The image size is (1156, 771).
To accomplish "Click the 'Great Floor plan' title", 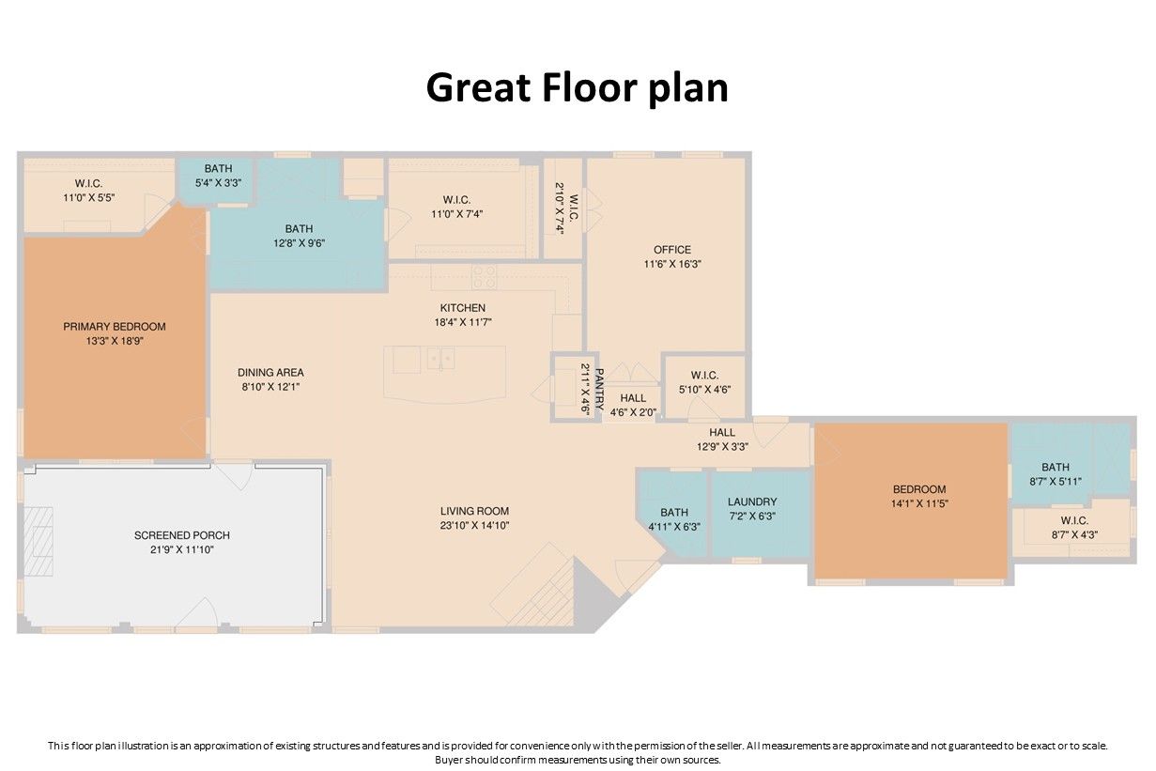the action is click(x=577, y=87).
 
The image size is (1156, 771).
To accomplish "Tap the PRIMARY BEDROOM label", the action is click(x=115, y=326).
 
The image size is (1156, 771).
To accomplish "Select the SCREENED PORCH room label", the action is click(x=181, y=535).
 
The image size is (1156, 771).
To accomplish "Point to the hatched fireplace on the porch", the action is click(x=39, y=541).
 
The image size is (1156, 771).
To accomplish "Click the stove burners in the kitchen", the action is click(x=485, y=277).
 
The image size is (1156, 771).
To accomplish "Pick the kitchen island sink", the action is click(x=440, y=358).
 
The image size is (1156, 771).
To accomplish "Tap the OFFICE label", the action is click(x=672, y=250).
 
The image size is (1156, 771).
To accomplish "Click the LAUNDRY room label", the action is click(x=752, y=501).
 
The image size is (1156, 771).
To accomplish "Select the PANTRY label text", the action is click(x=599, y=389).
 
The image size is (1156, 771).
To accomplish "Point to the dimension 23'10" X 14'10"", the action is click(x=475, y=525).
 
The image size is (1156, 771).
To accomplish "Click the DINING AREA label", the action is click(x=270, y=372).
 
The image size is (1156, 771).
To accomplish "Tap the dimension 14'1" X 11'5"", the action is click(x=919, y=503).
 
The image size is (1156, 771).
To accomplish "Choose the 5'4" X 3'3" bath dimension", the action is click(x=218, y=183).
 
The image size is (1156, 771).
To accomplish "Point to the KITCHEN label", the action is click(x=462, y=308).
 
